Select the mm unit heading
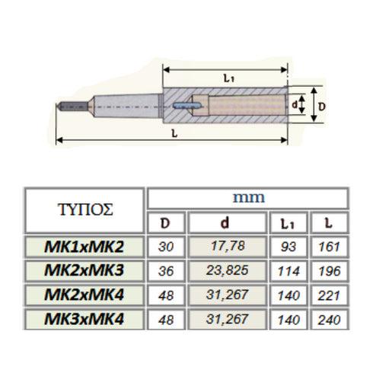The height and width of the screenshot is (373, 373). click(247, 197)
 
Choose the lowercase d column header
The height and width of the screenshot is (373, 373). click(227, 223)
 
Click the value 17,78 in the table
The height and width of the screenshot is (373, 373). click(227, 247)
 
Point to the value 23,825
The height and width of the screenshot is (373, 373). click(227, 272)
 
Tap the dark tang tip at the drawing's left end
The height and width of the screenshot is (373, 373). click(68, 107)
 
